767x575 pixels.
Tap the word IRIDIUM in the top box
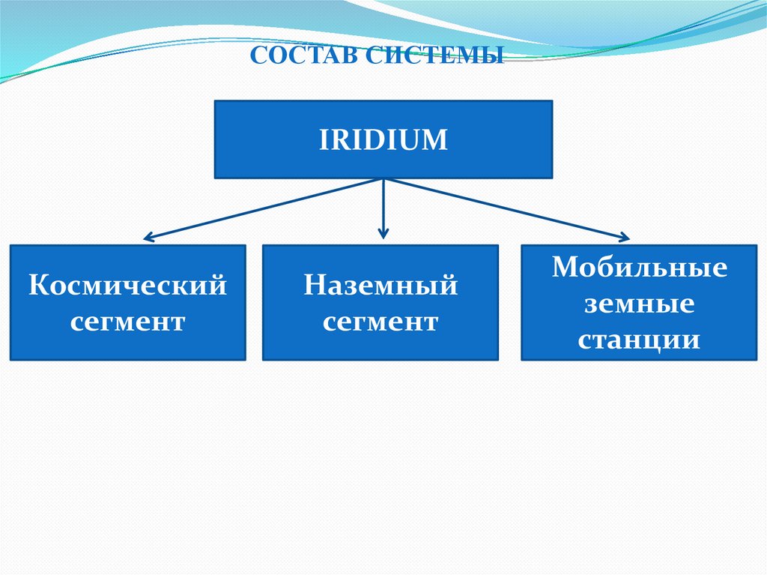[383, 140]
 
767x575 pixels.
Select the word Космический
[127, 286]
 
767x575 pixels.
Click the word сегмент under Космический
[127, 322]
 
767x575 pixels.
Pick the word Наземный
[381, 286]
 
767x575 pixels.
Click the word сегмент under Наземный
[381, 322]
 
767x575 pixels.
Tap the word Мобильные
[640, 268]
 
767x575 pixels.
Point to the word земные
[640, 304]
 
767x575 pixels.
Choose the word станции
[640, 341]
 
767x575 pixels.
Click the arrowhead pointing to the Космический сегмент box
[148, 239]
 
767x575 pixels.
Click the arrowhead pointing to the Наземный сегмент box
[383, 234]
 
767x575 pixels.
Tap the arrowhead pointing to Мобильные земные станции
[623, 238]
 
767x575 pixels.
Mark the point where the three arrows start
[383, 179]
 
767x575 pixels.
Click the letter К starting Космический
[37, 286]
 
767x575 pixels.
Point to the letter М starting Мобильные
[563, 268]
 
